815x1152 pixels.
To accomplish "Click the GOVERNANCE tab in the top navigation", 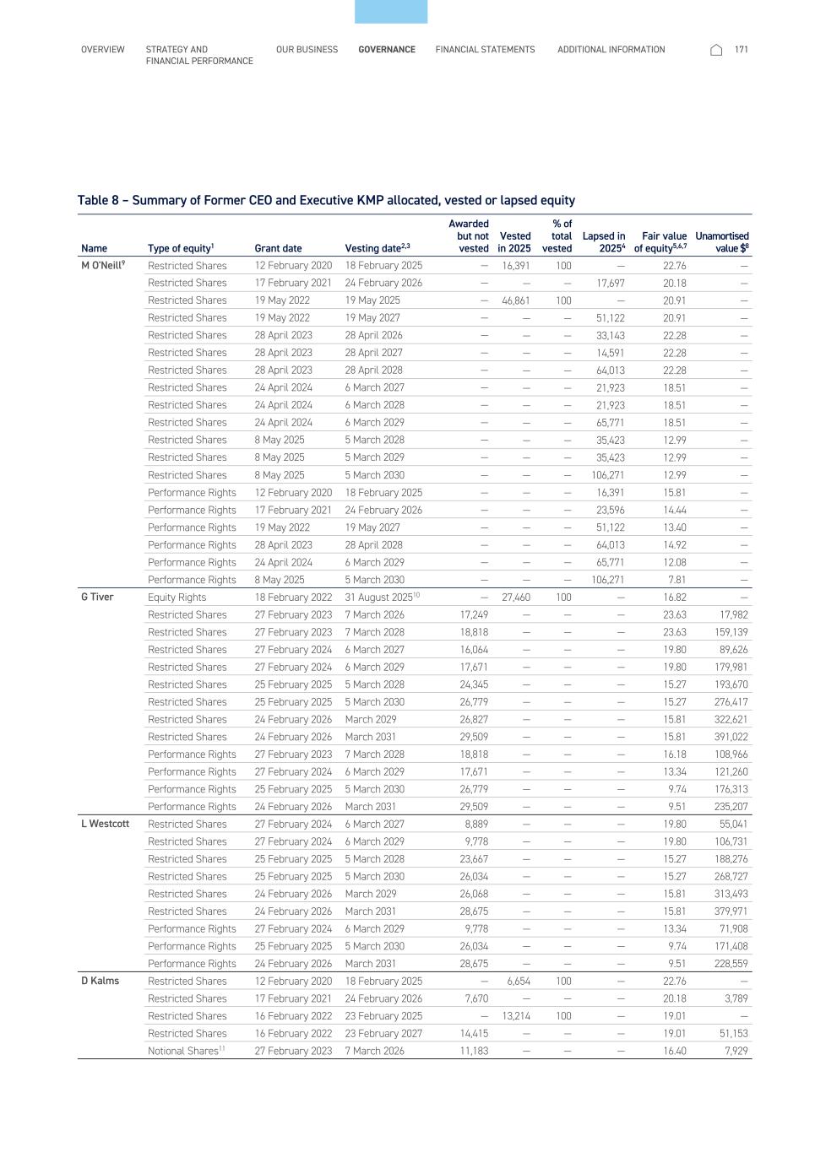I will tap(386, 50).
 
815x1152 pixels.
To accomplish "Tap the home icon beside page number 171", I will tap(716, 50).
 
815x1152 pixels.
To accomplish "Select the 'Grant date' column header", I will tap(278, 248).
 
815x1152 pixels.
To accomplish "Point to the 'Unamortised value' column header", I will tap(722, 242).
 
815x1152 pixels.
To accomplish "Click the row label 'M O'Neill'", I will tap(102, 265).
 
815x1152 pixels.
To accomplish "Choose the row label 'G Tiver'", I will tap(97, 597).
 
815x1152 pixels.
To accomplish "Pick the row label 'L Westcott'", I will tap(105, 824).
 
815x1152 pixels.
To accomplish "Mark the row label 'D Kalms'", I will tap(100, 981).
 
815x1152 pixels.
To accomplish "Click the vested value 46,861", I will tap(516, 300).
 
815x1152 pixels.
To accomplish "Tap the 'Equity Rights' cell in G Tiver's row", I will tap(177, 598).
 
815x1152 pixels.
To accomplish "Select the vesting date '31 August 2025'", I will tap(378, 598).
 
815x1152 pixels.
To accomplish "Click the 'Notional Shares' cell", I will tap(184, 1051).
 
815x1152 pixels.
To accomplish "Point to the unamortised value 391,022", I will tap(731, 737).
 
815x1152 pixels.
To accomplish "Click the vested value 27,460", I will tap(516, 598).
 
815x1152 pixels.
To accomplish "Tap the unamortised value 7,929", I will tap(736, 1051).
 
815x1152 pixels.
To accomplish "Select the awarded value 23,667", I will tap(474, 859).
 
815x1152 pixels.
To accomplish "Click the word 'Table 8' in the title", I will tap(98, 200).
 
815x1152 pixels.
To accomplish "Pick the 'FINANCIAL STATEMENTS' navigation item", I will tap(485, 50).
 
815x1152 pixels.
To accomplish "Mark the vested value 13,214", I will tap(516, 1016).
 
